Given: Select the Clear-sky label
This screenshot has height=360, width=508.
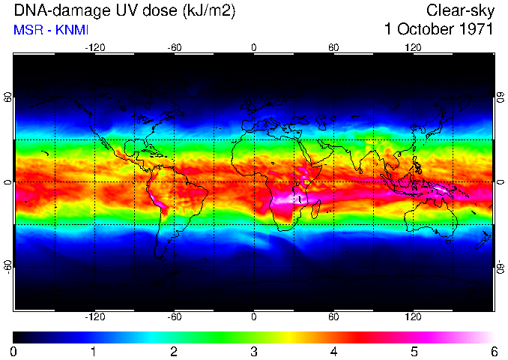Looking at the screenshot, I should tap(459, 10).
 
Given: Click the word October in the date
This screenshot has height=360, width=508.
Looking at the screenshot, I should tap(425, 30).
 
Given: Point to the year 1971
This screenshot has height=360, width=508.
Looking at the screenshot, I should tap(475, 30).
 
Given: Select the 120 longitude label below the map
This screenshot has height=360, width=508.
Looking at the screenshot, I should tap(414, 316).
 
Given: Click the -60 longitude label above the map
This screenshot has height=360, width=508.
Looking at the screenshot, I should tap(174, 48).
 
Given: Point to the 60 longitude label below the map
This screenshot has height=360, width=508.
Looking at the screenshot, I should tap(334, 316).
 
